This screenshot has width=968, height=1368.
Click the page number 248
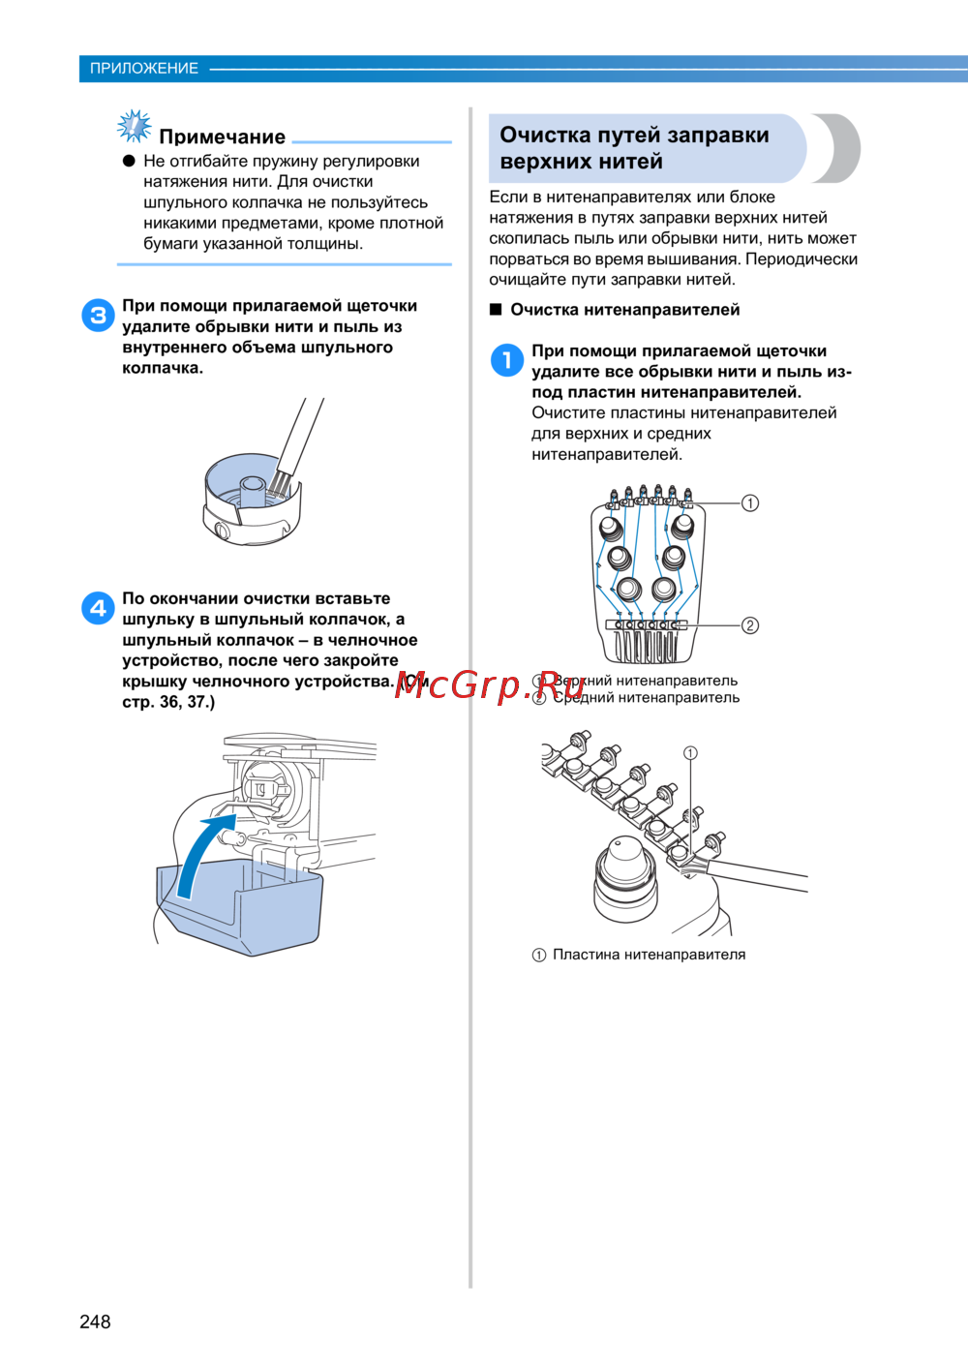point(95,1322)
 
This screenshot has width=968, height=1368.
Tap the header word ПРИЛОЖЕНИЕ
point(144,69)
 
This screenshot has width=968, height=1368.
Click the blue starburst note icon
point(135,126)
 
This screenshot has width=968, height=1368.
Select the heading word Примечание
point(223,137)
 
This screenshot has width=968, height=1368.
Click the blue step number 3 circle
point(98,316)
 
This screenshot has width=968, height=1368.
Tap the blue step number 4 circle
point(98,608)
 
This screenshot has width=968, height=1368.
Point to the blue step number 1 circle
point(507,360)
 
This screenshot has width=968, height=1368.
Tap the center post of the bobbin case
point(252,491)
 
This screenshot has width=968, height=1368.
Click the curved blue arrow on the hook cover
point(198,855)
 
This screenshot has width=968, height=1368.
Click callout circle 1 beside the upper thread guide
point(750,503)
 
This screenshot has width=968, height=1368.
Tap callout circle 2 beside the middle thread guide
point(750,625)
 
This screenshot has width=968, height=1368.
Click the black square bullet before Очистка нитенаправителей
point(496,310)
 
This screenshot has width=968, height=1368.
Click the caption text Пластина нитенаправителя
point(650,955)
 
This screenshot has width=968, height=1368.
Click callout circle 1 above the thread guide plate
point(690,753)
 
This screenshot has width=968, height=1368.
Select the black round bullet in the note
point(129,161)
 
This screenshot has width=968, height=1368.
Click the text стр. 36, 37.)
point(168,702)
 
